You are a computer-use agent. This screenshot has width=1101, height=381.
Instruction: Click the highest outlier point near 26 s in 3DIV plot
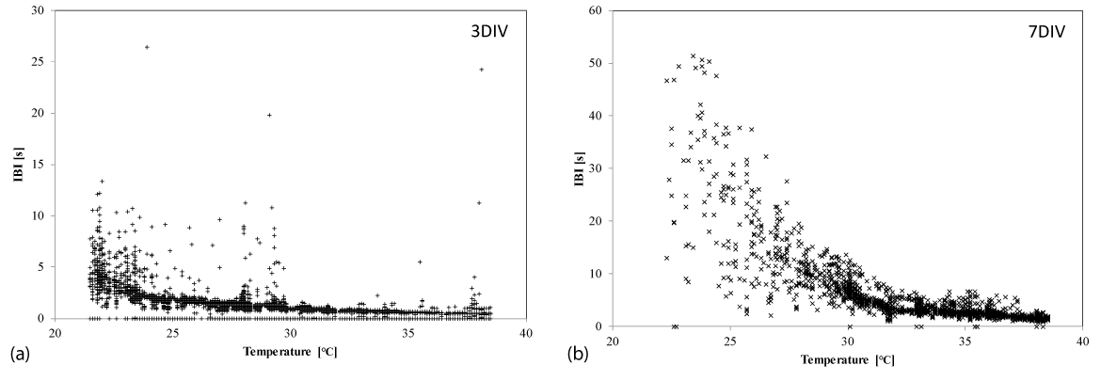click(x=147, y=47)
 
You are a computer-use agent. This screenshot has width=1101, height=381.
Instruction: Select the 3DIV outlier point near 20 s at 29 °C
click(x=269, y=115)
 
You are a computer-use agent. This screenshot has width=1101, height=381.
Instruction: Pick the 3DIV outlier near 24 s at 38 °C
click(x=482, y=70)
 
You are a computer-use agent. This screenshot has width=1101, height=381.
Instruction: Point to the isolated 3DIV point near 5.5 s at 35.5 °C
click(x=420, y=262)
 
